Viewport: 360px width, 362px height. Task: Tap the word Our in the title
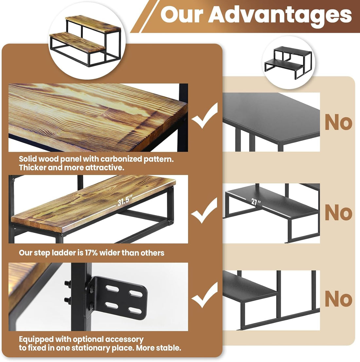coord(182,14)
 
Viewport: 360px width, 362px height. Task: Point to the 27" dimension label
coord(256,201)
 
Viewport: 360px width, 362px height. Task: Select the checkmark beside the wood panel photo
coord(205,116)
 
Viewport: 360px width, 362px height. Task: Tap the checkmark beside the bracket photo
coord(205,296)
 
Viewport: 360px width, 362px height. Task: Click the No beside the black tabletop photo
coord(338,122)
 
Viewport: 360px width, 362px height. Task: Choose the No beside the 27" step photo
coord(338,212)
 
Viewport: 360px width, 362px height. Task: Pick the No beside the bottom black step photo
coord(338,299)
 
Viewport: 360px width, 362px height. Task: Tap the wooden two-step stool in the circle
coord(85,40)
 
